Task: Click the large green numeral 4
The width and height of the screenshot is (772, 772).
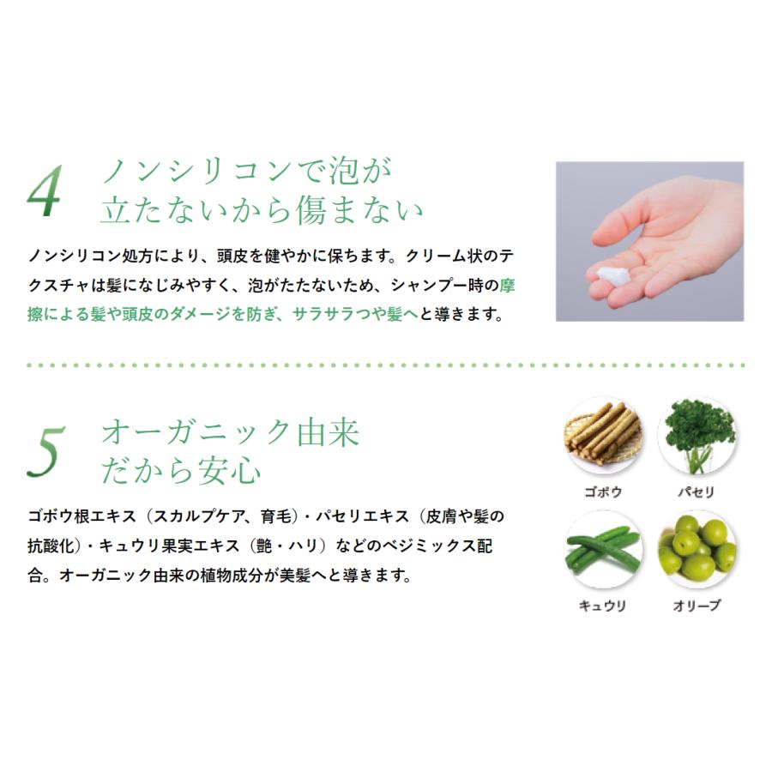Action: [x=44, y=194]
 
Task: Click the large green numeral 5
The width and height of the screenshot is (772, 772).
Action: [x=44, y=452]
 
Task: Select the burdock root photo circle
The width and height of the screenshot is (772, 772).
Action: [x=601, y=437]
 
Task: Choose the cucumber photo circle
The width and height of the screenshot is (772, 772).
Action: [x=601, y=550]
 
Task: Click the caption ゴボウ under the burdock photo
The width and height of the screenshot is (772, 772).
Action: [x=601, y=493]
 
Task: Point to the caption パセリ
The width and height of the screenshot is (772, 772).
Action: [x=696, y=493]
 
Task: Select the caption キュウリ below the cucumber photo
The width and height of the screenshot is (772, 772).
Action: [x=601, y=606]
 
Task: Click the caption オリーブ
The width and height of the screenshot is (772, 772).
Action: [x=696, y=606]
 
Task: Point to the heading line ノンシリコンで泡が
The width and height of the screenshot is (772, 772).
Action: [x=247, y=172]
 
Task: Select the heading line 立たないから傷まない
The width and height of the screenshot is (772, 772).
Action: [x=262, y=211]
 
